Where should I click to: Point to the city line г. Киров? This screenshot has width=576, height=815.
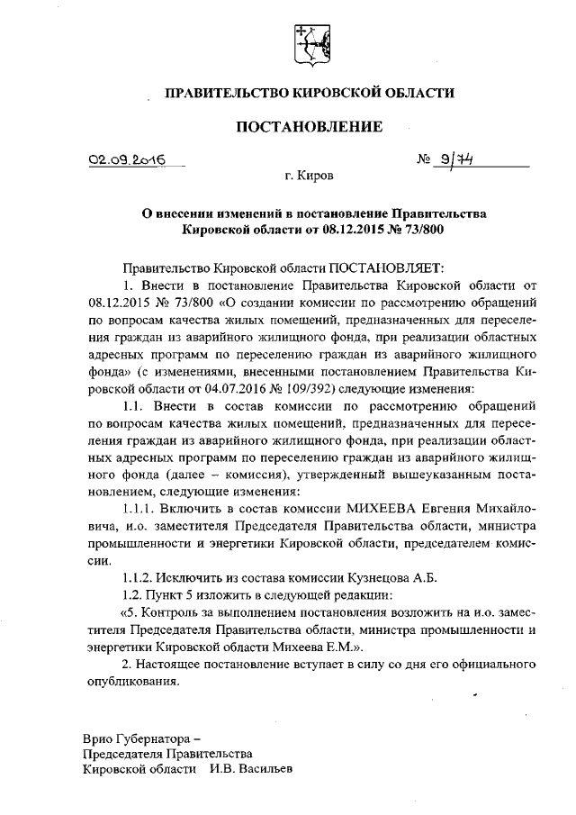coord(310,177)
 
